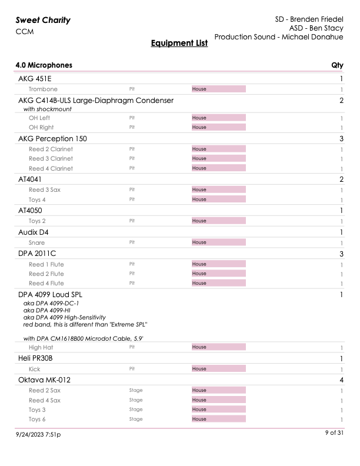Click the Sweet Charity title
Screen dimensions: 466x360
[x=43, y=20]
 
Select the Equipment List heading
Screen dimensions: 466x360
[x=179, y=43]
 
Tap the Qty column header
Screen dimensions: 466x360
[x=338, y=65]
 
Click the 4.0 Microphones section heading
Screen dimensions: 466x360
[x=44, y=65]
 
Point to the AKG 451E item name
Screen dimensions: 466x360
[x=37, y=78]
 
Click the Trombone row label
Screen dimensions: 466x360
[x=43, y=89]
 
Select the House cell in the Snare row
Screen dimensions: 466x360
[x=218, y=242]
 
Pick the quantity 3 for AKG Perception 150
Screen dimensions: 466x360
[x=341, y=139]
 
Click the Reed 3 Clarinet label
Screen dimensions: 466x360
[x=51, y=158]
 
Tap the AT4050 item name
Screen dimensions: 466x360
[x=30, y=210]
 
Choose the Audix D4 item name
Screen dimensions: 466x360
[x=34, y=232]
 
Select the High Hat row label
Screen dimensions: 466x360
[x=42, y=347]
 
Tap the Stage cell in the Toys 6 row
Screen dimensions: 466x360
[x=136, y=419]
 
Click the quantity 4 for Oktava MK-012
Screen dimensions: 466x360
[x=341, y=380]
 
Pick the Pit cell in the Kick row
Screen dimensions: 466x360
[x=132, y=369]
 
